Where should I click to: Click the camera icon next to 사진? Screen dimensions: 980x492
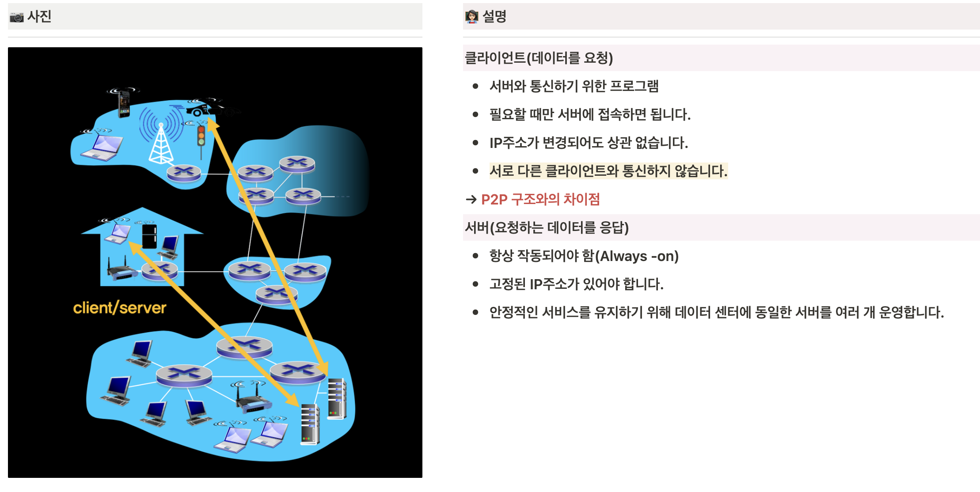(17, 17)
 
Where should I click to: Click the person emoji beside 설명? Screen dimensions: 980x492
(471, 17)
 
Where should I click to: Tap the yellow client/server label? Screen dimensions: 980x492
(119, 308)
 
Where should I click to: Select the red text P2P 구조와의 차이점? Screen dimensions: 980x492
(540, 200)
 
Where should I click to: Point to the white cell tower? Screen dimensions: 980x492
(161, 144)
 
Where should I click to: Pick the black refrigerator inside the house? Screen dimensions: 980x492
(149, 236)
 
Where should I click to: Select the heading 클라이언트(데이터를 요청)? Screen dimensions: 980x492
(539, 58)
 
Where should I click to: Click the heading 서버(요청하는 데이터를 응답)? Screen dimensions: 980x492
(547, 227)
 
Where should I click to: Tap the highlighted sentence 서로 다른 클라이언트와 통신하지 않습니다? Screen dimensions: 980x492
(608, 171)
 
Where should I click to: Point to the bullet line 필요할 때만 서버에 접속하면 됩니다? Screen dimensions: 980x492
(589, 114)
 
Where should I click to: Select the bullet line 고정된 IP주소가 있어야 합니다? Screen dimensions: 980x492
(576, 284)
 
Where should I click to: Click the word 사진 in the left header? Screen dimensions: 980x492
(39, 17)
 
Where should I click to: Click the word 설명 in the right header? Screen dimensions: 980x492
(494, 17)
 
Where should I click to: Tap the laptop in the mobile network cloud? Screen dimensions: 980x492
(102, 147)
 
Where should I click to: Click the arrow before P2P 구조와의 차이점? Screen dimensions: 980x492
(471, 200)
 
